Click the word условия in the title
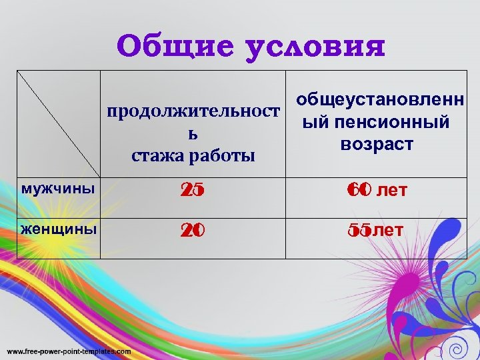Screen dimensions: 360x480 [x=315, y=47]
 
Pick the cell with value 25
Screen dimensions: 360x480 [x=193, y=191]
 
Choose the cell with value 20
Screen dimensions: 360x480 [x=193, y=231]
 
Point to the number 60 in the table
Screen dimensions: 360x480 [x=359, y=191]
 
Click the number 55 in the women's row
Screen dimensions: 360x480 [x=359, y=231]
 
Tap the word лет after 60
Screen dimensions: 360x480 [x=392, y=192]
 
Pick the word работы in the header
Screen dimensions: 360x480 [x=220, y=156]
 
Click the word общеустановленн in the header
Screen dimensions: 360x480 [x=381, y=101]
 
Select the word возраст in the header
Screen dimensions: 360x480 [x=376, y=144]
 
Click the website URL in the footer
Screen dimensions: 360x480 [x=69, y=351]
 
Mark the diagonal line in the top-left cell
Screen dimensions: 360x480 [x=59, y=127]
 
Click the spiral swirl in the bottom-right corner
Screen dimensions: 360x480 [x=457, y=348]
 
